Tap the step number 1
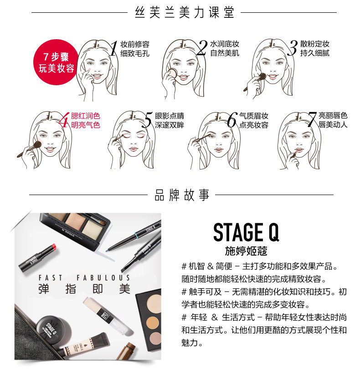[x=114, y=48]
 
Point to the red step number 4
[x=64, y=120]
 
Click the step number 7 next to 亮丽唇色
[x=312, y=119]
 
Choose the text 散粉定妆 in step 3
[x=315, y=44]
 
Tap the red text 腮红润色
[x=85, y=116]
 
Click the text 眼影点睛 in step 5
[x=170, y=116]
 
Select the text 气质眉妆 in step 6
[x=254, y=116]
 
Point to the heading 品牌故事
[x=182, y=196]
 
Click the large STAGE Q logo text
[x=246, y=233]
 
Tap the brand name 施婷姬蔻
[x=246, y=251]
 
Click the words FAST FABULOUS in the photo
[x=84, y=278]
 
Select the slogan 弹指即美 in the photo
[x=84, y=289]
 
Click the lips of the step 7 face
[x=299, y=150]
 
